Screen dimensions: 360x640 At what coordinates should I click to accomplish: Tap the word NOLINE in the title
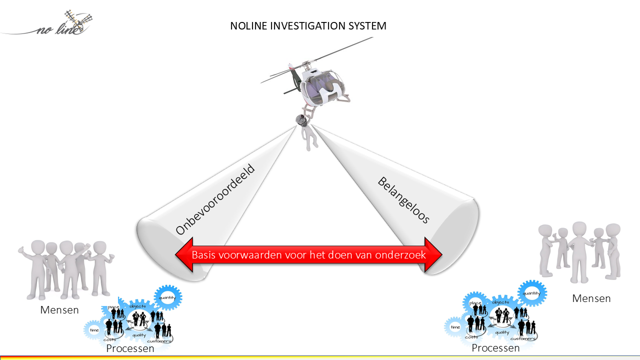coord(248,26)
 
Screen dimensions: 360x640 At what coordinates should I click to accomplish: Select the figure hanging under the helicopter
coord(309,135)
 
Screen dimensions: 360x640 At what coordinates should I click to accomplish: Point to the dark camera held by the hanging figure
coord(301,120)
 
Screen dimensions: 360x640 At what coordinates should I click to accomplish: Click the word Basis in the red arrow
coord(204,255)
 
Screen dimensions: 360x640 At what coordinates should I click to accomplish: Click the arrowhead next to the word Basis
coord(183,255)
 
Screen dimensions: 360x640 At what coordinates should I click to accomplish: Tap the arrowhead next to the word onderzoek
coord(434,255)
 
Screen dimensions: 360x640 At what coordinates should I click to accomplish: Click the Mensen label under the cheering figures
coord(59,310)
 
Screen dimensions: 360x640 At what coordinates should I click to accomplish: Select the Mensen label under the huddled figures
coord(591,298)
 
